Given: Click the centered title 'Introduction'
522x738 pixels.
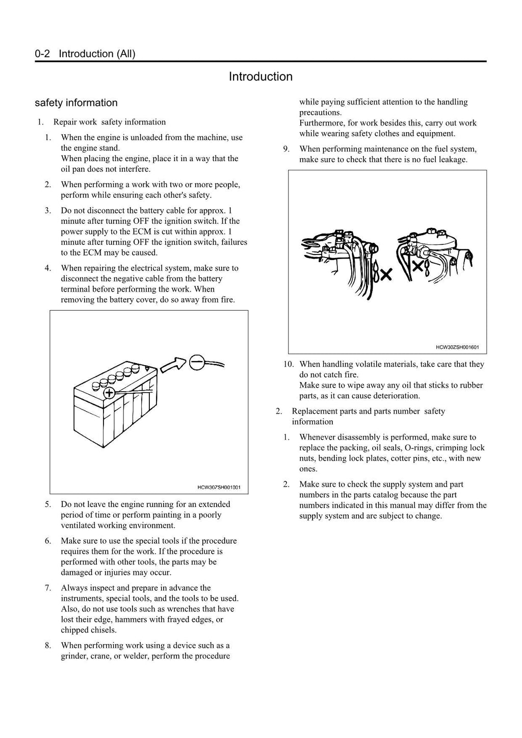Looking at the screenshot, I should tap(260, 77).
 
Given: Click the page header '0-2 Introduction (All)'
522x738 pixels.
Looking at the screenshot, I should tap(85, 54).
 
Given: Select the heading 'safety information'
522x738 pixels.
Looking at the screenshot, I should tap(76, 103).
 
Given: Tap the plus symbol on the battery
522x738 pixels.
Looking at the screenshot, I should tap(109, 393).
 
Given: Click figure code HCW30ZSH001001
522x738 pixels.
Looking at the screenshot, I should tap(219, 487).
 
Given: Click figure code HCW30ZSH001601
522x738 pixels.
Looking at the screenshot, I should tap(457, 347).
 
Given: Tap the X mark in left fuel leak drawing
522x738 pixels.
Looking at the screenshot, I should tap(386, 275).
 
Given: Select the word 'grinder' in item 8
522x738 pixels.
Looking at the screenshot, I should tap(74, 656).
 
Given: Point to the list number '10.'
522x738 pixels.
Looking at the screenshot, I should tap(289, 364).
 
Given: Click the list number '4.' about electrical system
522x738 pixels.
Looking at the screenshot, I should tap(48, 268).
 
